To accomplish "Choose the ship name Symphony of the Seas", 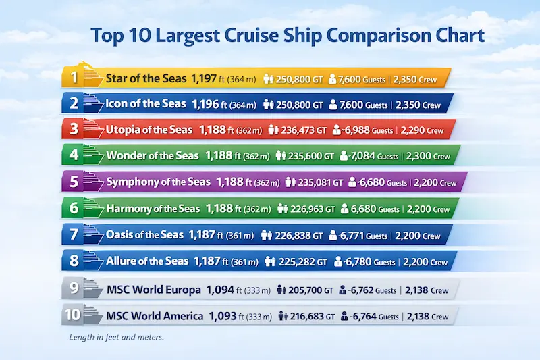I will point(159,182).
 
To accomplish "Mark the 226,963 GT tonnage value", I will point(312,209).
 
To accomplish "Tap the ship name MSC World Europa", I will point(153,290).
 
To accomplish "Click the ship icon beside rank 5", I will point(93,182).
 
